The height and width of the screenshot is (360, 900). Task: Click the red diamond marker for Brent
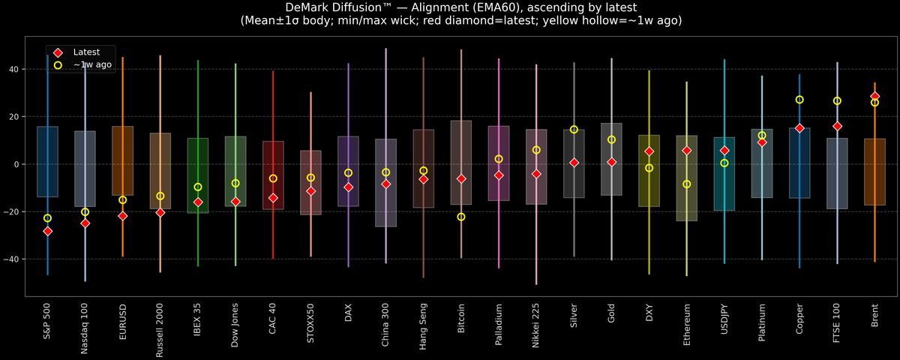pos(874,97)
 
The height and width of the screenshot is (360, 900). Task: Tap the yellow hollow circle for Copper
pos(799,100)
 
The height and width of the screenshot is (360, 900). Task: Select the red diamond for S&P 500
pos(47,231)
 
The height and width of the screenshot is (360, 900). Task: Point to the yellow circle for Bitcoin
pos(461,217)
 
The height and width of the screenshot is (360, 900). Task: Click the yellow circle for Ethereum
pos(686,184)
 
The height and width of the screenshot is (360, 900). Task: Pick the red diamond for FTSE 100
pos(837,126)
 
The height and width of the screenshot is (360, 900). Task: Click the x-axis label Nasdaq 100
pos(85,328)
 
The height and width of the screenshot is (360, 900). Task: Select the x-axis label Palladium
pos(499,324)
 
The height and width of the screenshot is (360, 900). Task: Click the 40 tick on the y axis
pos(15,69)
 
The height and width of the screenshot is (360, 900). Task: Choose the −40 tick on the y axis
pos(13,259)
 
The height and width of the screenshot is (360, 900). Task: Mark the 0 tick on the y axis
pos(18,164)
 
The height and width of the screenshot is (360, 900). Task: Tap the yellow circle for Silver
pos(574,130)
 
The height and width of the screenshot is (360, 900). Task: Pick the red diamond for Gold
pos(611,162)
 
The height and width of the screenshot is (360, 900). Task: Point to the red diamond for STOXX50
pos(310,191)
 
